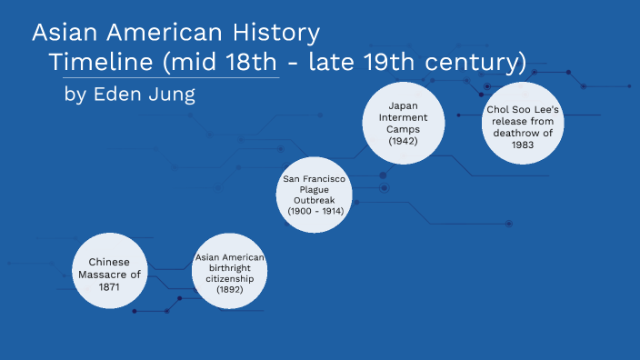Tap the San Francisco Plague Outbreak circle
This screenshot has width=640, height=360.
pyautogui.click(x=314, y=194)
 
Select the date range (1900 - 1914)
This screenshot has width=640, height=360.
pyautogui.click(x=314, y=211)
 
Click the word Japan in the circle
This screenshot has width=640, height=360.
pyautogui.click(x=403, y=105)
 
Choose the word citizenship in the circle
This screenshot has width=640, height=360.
pyautogui.click(x=230, y=277)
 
